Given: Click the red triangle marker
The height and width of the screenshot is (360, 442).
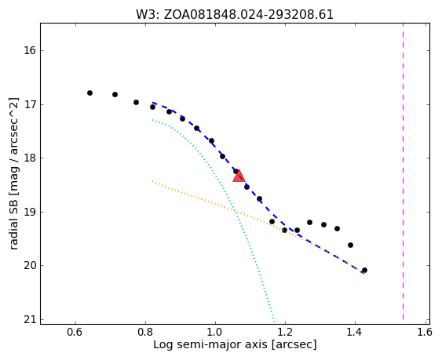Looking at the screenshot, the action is click(239, 176).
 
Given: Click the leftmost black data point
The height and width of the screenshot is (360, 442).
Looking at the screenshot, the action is click(90, 93).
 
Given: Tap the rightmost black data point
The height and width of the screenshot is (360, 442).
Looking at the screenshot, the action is click(364, 270).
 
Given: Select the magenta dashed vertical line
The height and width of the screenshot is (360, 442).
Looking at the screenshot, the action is click(403, 172).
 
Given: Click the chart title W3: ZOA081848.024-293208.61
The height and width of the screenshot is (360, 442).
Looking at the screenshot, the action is click(235, 15).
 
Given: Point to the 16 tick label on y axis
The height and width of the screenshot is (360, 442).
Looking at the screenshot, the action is click(30, 51).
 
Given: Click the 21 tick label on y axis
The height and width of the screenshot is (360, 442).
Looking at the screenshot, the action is click(30, 320).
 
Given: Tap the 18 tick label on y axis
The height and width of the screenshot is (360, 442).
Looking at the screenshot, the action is click(30, 158).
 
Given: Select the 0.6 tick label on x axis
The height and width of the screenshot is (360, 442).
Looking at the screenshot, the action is click(75, 333).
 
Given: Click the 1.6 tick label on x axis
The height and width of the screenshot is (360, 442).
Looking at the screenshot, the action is click(424, 333).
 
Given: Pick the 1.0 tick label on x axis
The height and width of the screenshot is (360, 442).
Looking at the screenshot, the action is click(215, 333).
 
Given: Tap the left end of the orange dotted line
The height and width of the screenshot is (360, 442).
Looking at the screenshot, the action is click(152, 181).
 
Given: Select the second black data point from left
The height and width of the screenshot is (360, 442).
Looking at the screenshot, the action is click(115, 94).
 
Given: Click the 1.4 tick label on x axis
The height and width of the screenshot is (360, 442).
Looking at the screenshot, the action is click(355, 333).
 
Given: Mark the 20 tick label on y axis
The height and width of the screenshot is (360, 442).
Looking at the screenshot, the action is click(30, 266).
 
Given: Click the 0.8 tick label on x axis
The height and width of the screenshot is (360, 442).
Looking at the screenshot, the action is click(145, 333).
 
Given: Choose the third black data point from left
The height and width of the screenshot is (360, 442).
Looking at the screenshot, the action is click(136, 102).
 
